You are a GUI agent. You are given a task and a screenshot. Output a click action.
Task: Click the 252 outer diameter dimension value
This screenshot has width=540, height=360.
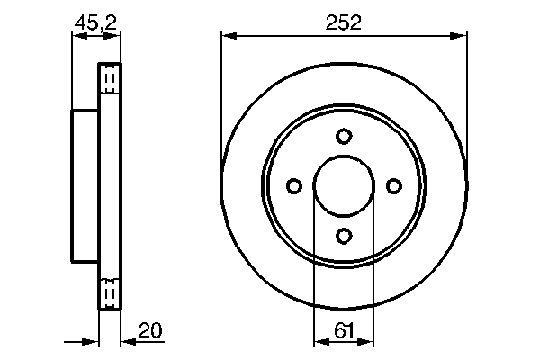coord(344,23)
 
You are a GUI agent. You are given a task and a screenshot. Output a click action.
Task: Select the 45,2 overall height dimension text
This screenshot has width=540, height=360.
coord(96,23)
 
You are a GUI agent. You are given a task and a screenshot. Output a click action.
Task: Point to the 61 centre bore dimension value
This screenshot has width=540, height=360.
coord(344,331)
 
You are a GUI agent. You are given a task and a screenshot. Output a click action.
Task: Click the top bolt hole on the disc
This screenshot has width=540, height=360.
coord(344,136)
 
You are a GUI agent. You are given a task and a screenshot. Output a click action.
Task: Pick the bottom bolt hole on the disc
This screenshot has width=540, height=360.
coord(344,235)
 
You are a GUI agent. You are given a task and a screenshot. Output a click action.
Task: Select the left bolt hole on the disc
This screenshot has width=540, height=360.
coord(294,185)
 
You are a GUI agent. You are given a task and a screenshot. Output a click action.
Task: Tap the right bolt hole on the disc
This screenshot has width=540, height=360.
coord(393,185)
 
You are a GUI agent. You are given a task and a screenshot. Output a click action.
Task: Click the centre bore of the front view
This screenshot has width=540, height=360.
coord(344,185)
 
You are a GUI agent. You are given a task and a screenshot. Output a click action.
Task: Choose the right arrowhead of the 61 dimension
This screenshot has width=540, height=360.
coord(368,342)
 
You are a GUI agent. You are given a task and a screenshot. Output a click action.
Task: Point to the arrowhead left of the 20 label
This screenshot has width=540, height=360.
coord(127,342)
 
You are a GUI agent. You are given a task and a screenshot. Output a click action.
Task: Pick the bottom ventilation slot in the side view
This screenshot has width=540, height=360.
coord(109,293)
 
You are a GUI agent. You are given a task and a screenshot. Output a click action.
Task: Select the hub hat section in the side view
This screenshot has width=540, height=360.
coord(85,185)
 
